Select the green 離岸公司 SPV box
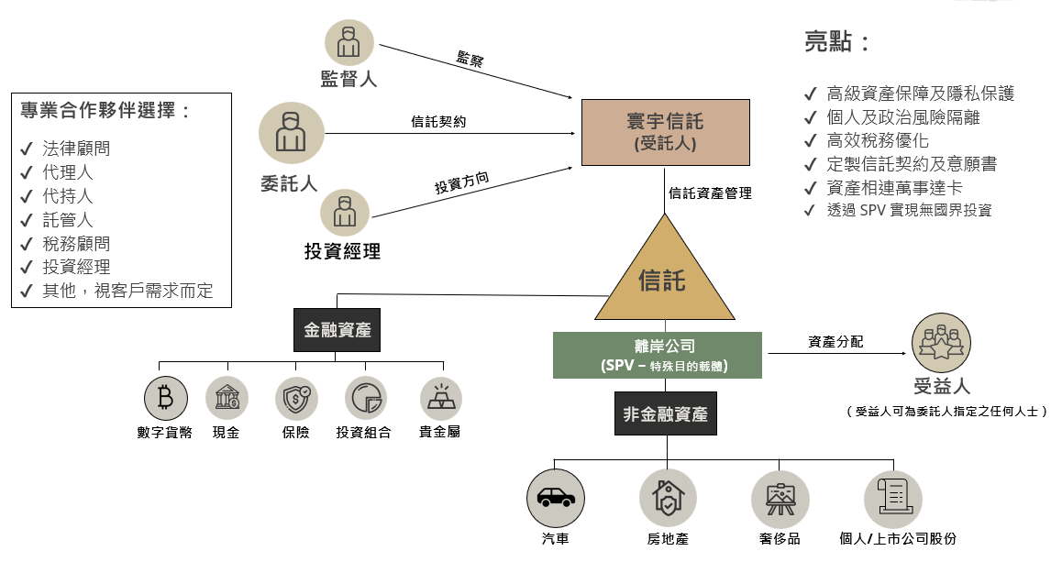658,356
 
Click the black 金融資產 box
337,330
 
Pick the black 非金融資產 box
666,414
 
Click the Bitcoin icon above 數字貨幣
165,399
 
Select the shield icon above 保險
296,399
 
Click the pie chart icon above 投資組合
366,399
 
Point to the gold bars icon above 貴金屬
440,399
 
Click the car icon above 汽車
556,497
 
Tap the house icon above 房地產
668,497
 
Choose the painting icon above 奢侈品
780,497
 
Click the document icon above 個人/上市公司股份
892,497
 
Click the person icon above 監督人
348,43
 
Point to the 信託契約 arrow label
438,121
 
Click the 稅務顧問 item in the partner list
76,244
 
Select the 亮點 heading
835,41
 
